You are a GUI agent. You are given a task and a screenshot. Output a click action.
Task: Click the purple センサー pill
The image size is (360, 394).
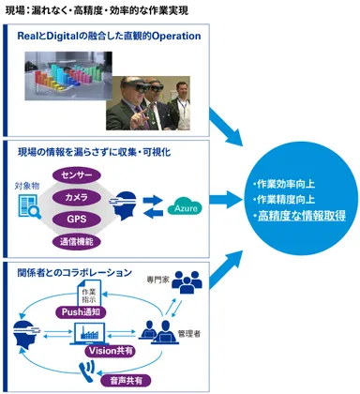(77, 175)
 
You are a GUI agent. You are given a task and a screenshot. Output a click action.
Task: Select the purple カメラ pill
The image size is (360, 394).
(77, 197)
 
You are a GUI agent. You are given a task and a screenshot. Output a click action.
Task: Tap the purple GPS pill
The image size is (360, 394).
(77, 219)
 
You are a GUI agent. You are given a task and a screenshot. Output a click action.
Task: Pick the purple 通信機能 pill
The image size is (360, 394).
(77, 240)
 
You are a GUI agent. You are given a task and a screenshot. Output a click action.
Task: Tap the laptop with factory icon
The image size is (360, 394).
(94, 334)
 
